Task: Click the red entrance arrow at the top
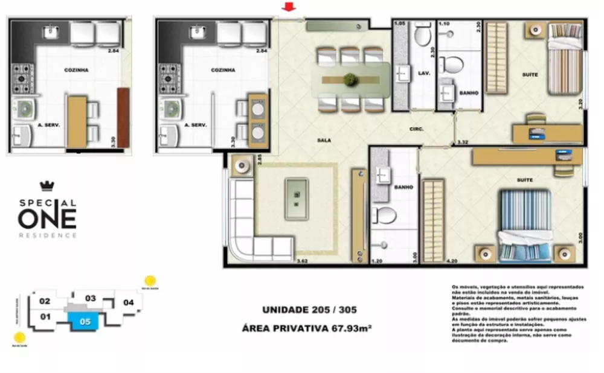click(289, 7)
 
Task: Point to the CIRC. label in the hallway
click(416, 129)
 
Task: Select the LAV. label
click(423, 73)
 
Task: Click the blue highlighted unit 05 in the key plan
click(85, 322)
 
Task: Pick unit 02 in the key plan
click(45, 301)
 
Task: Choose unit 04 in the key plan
click(127, 302)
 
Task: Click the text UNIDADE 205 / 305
click(309, 310)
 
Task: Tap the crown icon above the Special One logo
click(47, 186)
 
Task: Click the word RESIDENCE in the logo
click(47, 235)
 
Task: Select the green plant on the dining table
click(349, 79)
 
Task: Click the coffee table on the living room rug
click(296, 199)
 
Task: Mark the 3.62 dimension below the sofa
click(303, 261)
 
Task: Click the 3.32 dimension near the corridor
click(463, 142)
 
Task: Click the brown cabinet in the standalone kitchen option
click(123, 117)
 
